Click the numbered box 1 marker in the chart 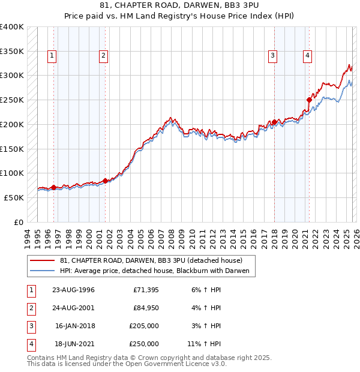52,56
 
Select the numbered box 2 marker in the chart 103,56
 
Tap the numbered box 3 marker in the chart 272,56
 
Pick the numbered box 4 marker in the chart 307,56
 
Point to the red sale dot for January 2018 274,122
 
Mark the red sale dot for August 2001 105,180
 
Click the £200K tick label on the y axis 12,124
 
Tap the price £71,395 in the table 146,290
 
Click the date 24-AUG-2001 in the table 73,308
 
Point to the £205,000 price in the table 144,326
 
